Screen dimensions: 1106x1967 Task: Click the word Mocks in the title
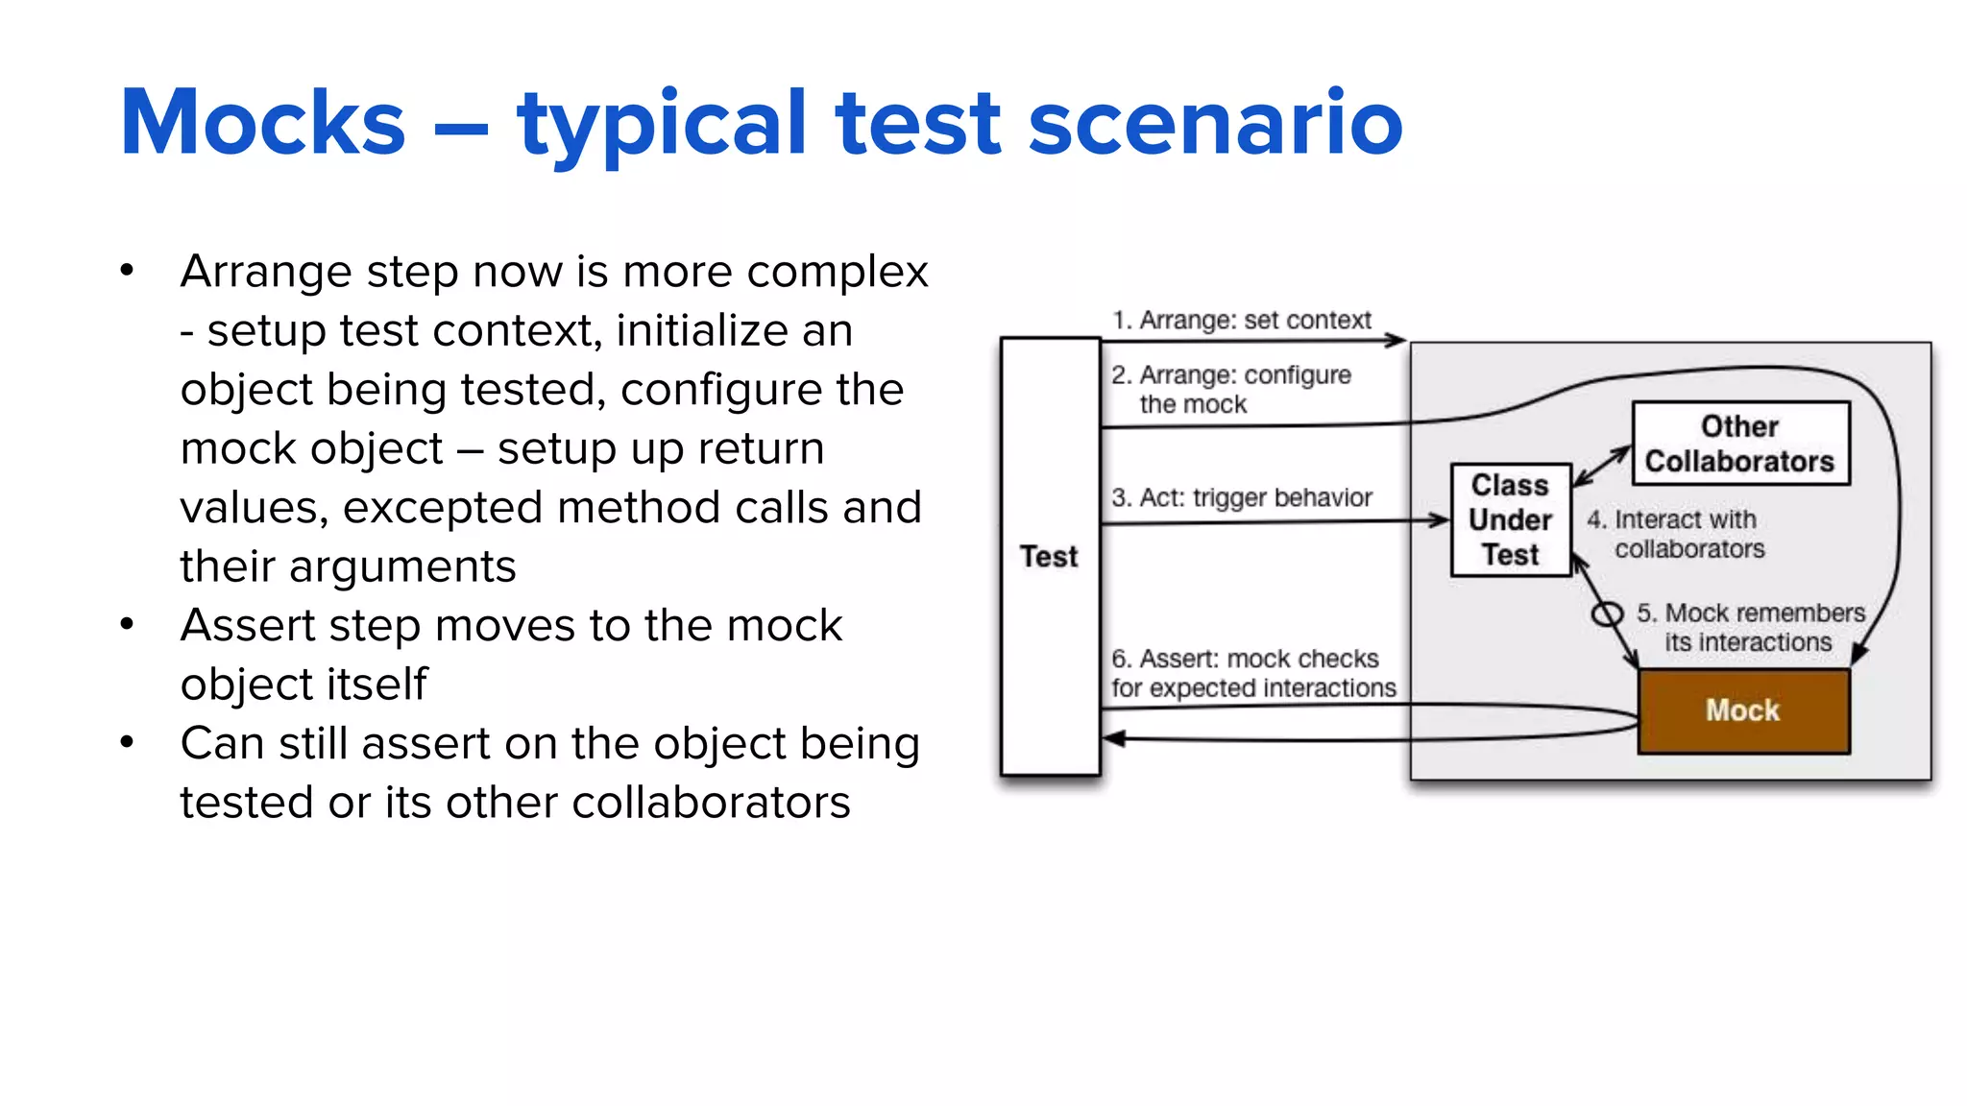point(262,123)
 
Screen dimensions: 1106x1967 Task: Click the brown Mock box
point(1742,710)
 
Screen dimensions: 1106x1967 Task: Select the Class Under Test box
point(1510,519)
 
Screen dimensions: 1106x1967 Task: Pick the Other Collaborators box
point(1739,444)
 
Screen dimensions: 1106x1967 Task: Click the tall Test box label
point(1049,556)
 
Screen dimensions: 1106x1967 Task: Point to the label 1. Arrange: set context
point(1241,320)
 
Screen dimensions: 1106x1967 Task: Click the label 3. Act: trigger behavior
point(1241,497)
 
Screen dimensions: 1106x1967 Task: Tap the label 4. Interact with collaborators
point(1676,534)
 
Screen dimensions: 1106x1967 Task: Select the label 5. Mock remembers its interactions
point(1749,627)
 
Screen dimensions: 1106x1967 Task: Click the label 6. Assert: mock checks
point(1252,673)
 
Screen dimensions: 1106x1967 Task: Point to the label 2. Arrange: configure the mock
point(1230,389)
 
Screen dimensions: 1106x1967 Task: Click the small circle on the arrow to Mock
point(1607,613)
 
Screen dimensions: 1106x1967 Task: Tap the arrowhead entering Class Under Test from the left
point(1440,520)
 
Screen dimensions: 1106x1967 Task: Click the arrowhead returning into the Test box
point(1113,738)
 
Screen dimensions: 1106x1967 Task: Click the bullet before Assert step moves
point(127,625)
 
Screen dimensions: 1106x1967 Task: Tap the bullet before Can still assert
point(127,742)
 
